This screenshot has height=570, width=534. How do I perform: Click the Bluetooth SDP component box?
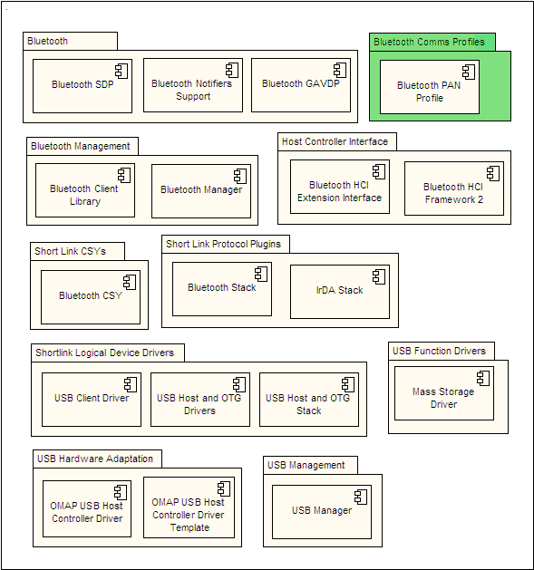point(83,86)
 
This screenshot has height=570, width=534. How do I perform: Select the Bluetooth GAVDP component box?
point(301,85)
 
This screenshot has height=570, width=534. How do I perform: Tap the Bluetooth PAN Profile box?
point(430,87)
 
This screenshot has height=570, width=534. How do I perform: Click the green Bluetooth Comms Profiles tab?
point(432,42)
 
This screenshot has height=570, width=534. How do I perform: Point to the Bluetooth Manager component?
point(201,191)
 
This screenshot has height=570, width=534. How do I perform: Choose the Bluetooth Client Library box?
point(85,190)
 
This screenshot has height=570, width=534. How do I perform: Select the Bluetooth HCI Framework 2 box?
point(454,188)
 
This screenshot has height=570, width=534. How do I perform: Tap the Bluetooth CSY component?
point(91,297)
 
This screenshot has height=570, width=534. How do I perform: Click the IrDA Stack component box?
point(340,292)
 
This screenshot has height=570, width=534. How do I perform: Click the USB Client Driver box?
point(92,400)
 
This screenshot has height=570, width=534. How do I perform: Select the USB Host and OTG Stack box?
point(309,400)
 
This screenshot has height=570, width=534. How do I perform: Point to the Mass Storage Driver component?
point(444,393)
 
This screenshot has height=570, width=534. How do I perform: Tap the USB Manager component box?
point(322,512)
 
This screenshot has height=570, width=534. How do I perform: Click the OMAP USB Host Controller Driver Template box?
point(189,507)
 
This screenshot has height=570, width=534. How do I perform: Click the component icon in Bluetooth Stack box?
point(261,274)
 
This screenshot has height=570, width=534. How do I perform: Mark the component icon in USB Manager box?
point(361,497)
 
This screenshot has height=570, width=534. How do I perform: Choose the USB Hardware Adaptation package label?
point(95,459)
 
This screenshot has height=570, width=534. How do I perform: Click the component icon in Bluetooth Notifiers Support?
point(232,70)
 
